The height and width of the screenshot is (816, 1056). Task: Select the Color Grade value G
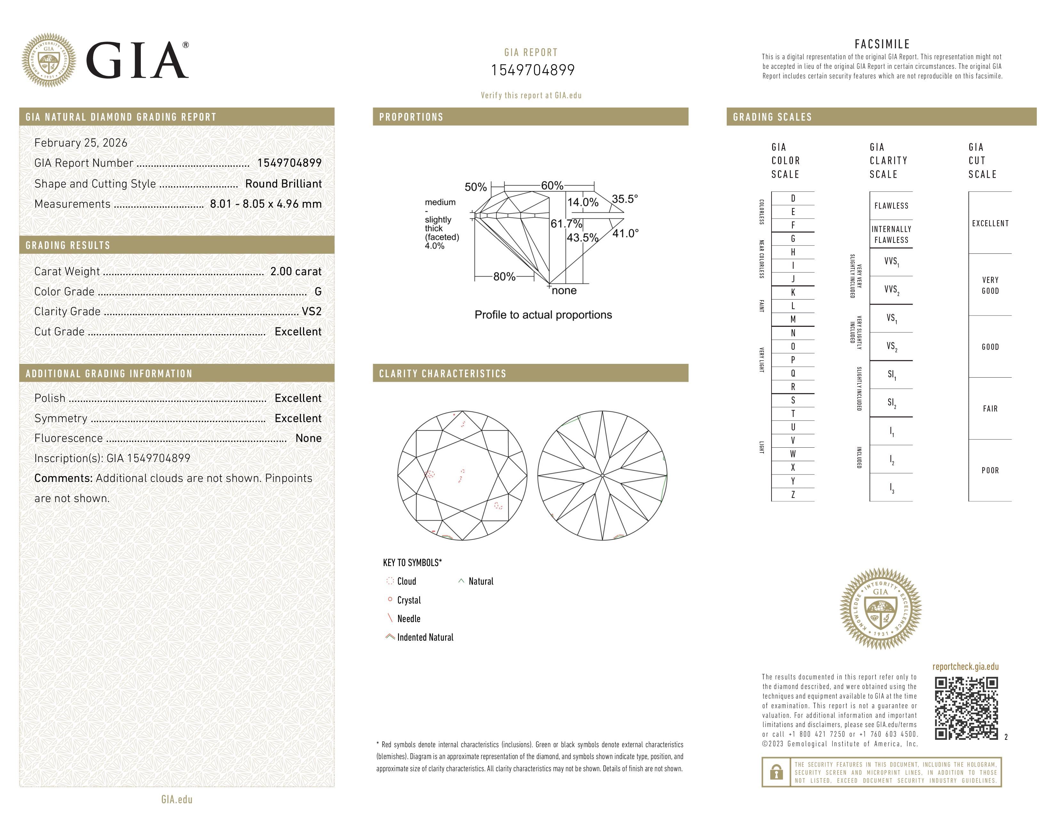(318, 292)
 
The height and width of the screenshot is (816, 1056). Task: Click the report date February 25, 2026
(81, 143)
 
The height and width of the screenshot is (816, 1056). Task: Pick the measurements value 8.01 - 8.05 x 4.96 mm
(266, 204)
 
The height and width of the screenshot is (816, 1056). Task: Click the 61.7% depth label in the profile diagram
(566, 224)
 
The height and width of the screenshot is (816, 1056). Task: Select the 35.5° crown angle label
(625, 199)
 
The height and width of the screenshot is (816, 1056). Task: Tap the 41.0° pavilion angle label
(625, 234)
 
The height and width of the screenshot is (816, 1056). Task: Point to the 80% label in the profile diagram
(504, 276)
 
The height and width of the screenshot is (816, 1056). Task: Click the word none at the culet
(564, 291)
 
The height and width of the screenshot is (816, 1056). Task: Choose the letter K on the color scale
(793, 292)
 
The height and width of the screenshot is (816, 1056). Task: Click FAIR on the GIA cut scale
(990, 409)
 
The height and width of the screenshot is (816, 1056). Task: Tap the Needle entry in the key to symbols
(409, 619)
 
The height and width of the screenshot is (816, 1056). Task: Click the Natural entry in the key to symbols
(481, 581)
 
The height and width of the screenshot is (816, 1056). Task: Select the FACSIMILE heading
(882, 44)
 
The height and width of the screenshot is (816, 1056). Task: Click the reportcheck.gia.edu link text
(965, 667)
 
